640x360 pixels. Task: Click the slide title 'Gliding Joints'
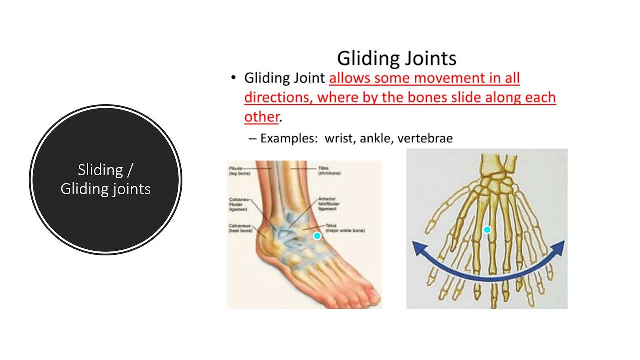pos(396,58)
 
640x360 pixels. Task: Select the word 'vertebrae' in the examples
pos(425,138)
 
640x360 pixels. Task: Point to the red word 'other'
pos(261,117)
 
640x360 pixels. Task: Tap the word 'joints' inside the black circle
pos(130,189)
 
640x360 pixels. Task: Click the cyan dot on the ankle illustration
pos(317,236)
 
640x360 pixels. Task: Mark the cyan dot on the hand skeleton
pos(487,230)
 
